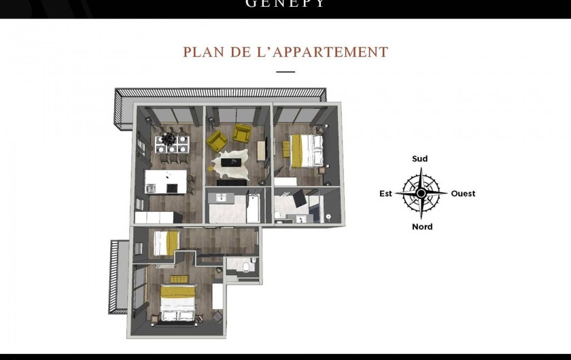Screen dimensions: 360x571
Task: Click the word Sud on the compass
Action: (420, 159)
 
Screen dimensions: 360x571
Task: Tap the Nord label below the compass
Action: (422, 227)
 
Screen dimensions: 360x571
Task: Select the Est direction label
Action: (386, 194)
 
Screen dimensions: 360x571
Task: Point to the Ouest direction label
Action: (463, 194)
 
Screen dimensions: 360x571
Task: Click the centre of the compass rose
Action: (421, 194)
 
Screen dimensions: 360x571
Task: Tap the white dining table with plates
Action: (167, 142)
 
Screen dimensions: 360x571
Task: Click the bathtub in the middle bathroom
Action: (252, 207)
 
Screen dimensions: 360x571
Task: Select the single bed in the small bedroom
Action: (165, 243)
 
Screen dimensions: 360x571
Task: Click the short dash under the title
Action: (285, 71)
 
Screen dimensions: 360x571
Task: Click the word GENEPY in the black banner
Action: (285, 4)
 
